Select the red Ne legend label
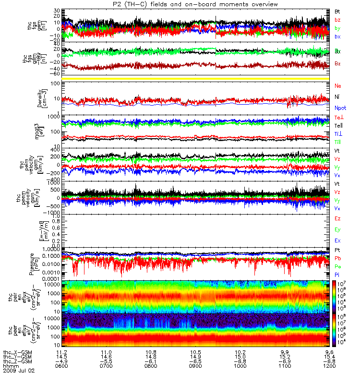pyautogui.click(x=337, y=86)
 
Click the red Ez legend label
pyautogui.click(x=337, y=218)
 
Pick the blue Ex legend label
pyautogui.click(x=337, y=240)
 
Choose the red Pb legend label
pyautogui.click(x=337, y=259)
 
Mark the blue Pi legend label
pyautogui.click(x=337, y=275)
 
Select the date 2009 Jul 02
pyautogui.click(x=19, y=371)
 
